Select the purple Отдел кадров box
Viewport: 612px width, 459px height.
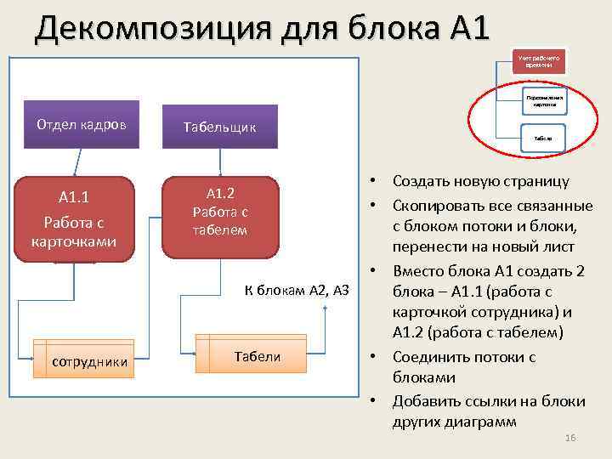(81, 124)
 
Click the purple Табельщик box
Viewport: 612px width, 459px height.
(219, 127)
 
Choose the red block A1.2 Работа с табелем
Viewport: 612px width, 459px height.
(220, 217)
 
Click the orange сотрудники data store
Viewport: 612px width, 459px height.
(90, 362)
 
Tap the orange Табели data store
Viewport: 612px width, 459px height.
(257, 357)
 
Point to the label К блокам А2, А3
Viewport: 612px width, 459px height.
(297, 290)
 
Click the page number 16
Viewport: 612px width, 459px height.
(570, 437)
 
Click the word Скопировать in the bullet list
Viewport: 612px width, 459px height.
(432, 206)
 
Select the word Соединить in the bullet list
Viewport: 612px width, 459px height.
(428, 357)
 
